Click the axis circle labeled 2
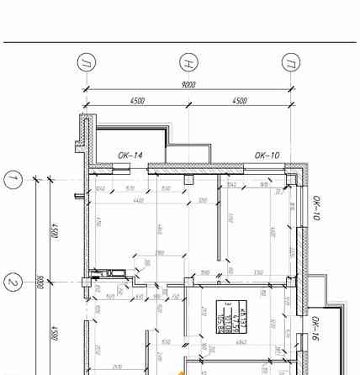(x=13, y=282)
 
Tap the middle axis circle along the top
(x=188, y=63)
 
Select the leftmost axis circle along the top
(x=87, y=63)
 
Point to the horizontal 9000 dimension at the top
(x=189, y=85)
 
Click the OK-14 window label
(x=130, y=156)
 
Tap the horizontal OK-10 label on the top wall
(x=267, y=156)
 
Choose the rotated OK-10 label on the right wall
(x=315, y=209)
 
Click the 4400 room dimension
(x=138, y=201)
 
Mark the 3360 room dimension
(x=257, y=272)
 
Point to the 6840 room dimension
(x=241, y=342)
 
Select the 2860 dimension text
(x=159, y=253)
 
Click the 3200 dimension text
(x=202, y=201)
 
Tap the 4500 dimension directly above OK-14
(x=138, y=101)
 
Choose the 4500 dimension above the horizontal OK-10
(x=240, y=101)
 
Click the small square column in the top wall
(x=188, y=179)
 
